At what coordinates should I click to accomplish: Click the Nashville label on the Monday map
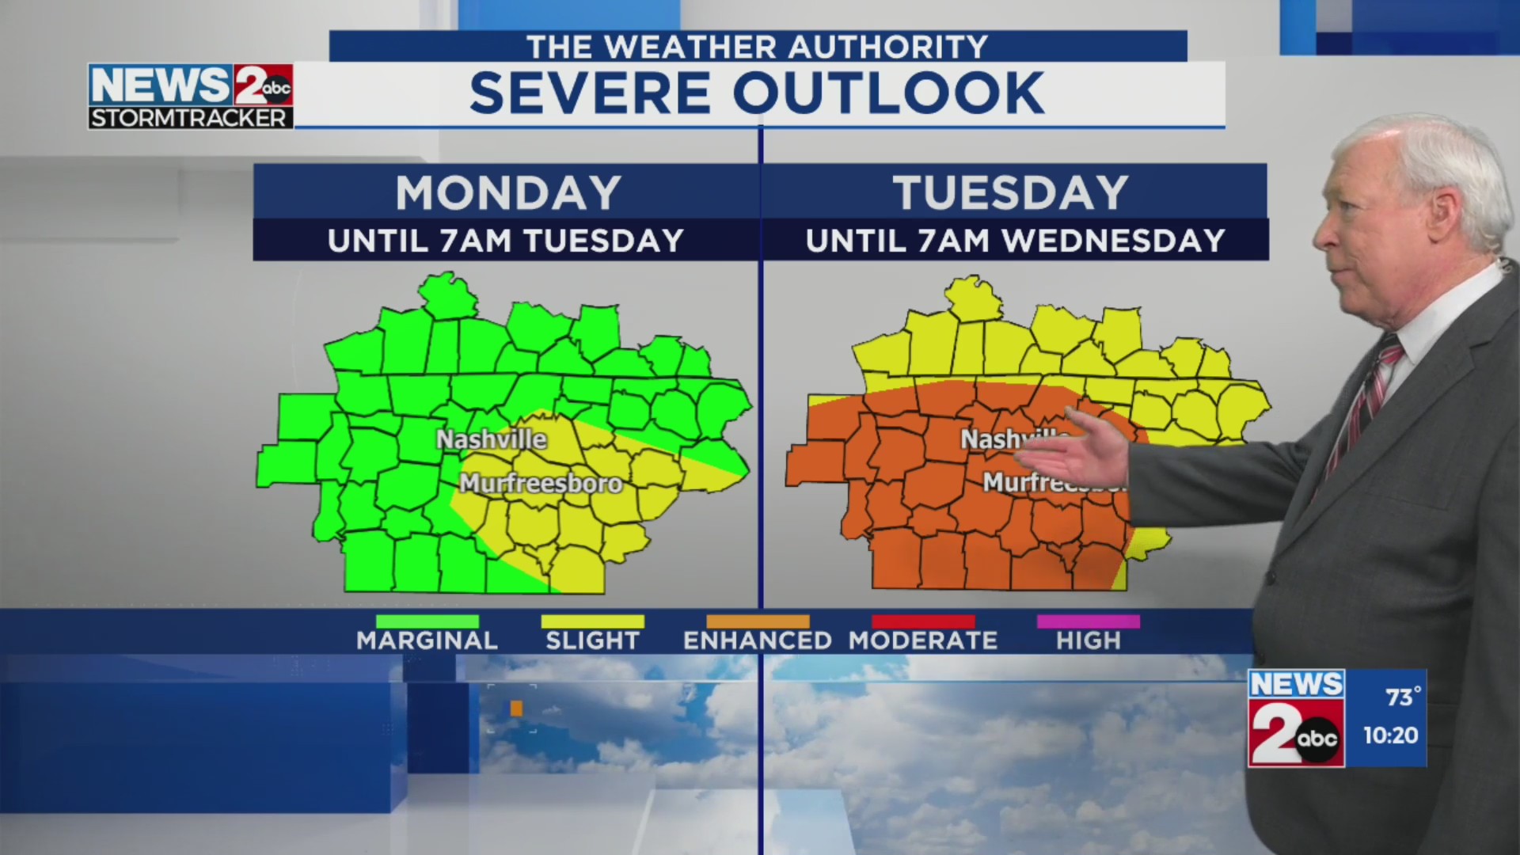pyautogui.click(x=491, y=439)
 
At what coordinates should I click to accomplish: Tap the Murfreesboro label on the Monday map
pyautogui.click(x=541, y=483)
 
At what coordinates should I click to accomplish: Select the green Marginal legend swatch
pyautogui.click(x=427, y=621)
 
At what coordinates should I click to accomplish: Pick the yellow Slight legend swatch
pyautogui.click(x=592, y=621)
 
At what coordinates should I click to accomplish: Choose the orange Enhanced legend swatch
pyautogui.click(x=758, y=621)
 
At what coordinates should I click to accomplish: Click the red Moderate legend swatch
pyautogui.click(x=923, y=621)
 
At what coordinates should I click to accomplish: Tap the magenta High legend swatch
pyautogui.click(x=1088, y=621)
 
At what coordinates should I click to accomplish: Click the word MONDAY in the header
pyautogui.click(x=507, y=192)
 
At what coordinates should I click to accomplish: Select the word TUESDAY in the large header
pyautogui.click(x=1011, y=192)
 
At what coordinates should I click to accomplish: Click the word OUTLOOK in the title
pyautogui.click(x=888, y=93)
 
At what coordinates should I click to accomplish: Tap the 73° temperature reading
pyautogui.click(x=1403, y=697)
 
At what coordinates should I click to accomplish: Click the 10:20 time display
pyautogui.click(x=1390, y=735)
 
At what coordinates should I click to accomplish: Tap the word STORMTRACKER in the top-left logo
pyautogui.click(x=188, y=118)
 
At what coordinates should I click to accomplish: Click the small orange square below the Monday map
pyautogui.click(x=516, y=709)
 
